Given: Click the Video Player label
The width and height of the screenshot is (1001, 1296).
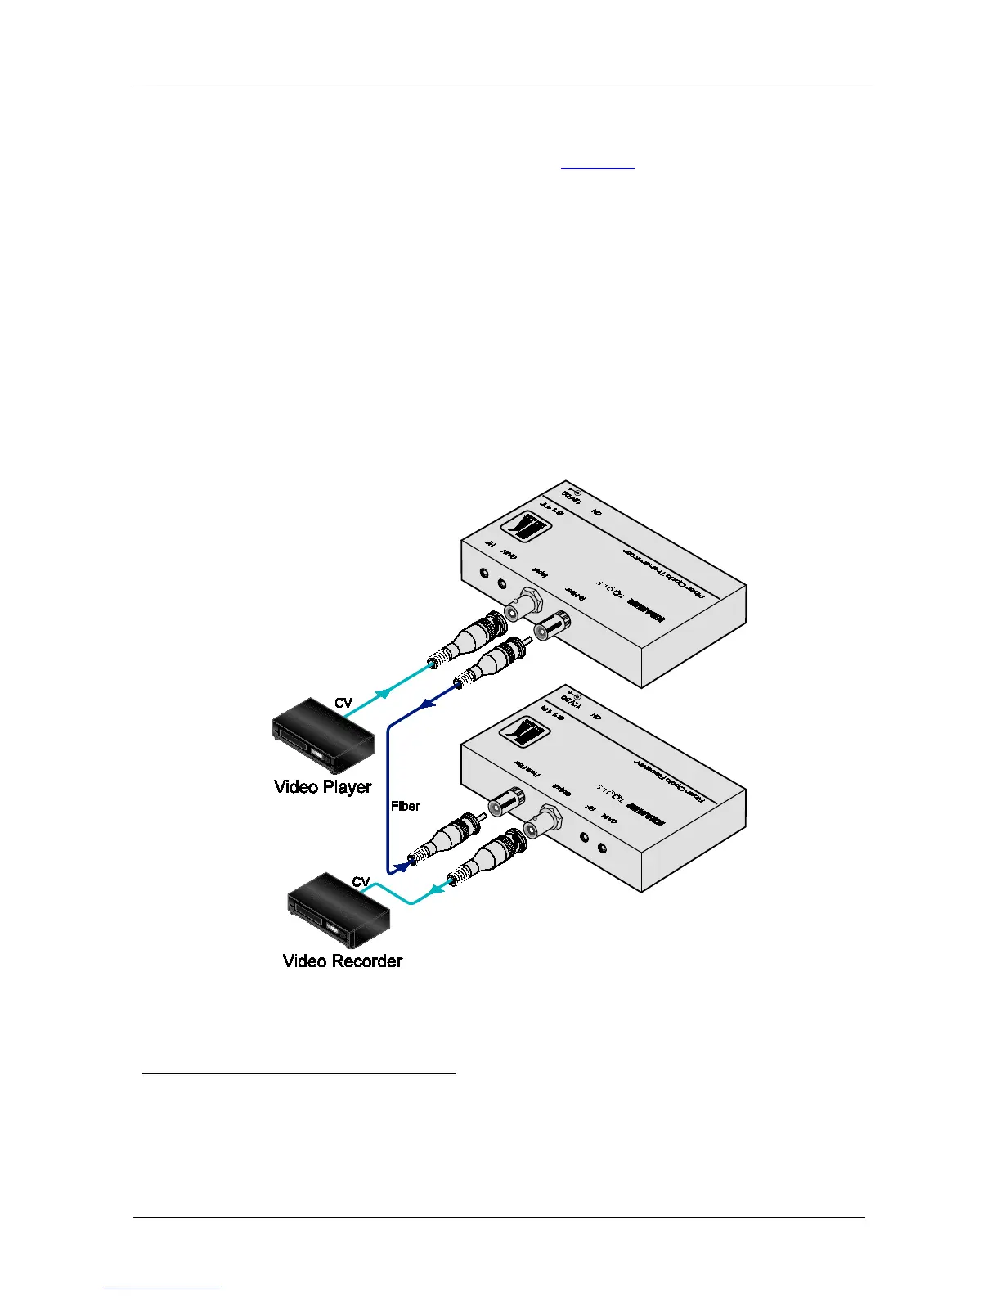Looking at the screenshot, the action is [x=323, y=787].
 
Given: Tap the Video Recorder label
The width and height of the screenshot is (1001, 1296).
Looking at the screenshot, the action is [x=343, y=961].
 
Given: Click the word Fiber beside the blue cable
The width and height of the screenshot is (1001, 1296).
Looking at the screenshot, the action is [x=406, y=806].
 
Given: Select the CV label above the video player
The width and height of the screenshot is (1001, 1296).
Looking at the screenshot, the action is [x=343, y=703].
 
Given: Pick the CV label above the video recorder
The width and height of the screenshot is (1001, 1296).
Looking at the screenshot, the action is [x=361, y=882].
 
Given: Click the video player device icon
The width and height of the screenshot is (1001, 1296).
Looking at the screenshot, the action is [x=323, y=735].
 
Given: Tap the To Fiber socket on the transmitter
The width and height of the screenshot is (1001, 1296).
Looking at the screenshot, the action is [x=551, y=628].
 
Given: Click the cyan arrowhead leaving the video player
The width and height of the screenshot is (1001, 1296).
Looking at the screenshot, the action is [x=381, y=693].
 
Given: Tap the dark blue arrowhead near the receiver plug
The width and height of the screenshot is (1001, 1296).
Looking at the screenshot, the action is [x=401, y=865].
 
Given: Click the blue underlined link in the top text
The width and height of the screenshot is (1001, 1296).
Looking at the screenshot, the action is [x=597, y=164].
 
